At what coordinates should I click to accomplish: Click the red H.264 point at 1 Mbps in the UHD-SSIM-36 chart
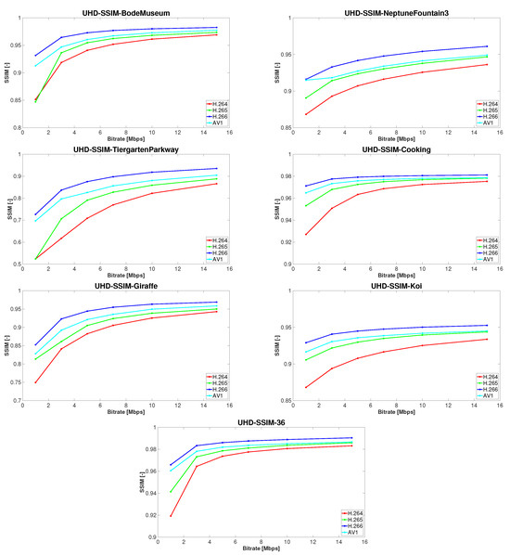(172, 516)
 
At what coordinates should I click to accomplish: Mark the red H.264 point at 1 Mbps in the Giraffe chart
(36, 382)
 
